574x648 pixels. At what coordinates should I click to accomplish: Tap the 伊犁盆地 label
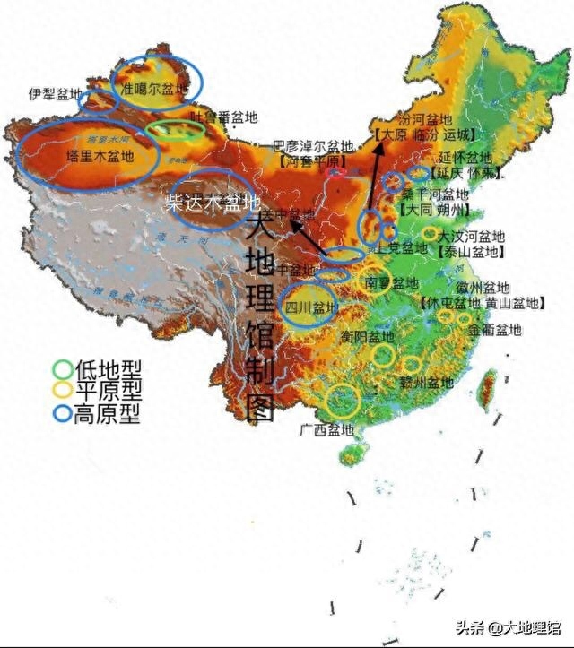tap(54, 94)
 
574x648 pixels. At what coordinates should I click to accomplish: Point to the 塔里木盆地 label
tap(100, 155)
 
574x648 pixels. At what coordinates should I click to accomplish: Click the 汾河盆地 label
tap(425, 119)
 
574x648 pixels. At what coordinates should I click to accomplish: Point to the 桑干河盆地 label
tap(434, 194)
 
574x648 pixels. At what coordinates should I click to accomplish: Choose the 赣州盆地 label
tap(428, 383)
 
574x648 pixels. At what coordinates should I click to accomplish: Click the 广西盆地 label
tap(326, 429)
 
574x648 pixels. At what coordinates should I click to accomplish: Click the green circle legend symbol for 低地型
tap(63, 368)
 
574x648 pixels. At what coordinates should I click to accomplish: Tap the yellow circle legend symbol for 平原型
tap(63, 391)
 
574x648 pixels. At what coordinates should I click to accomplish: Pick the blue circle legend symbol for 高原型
tap(63, 414)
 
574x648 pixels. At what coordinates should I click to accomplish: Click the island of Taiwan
tap(489, 386)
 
